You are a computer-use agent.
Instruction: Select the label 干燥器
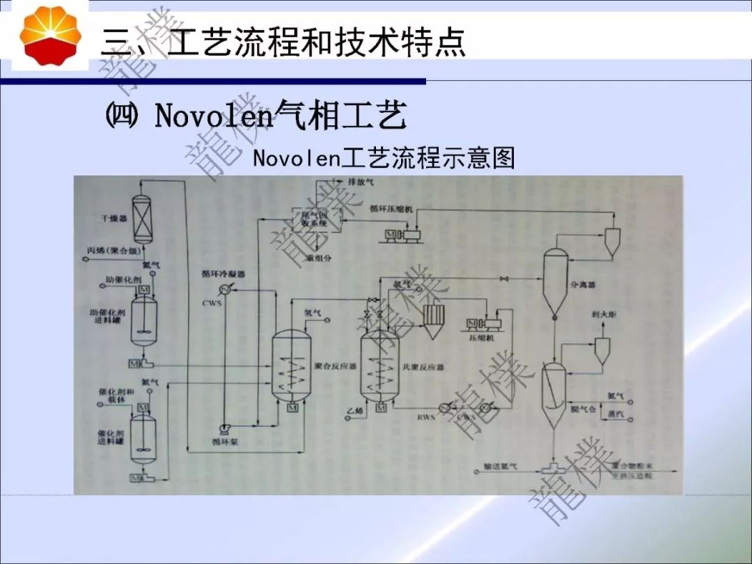111,219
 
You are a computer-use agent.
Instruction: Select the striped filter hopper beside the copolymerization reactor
432,321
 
